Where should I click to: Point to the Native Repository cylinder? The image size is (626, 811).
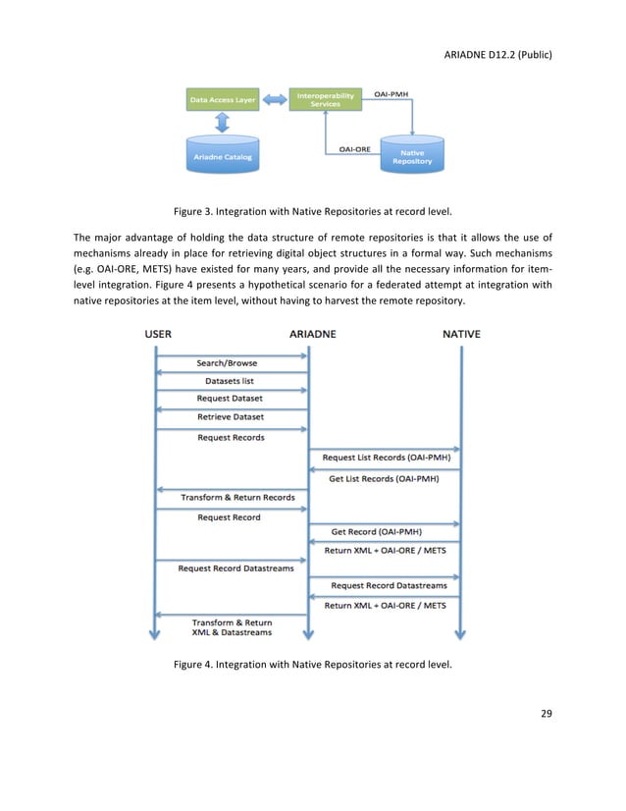click(412, 155)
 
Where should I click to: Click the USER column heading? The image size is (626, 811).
click(158, 334)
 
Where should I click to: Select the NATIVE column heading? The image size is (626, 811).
click(461, 334)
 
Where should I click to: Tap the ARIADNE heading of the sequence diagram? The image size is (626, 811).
click(313, 334)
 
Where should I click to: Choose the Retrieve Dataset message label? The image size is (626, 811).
click(231, 416)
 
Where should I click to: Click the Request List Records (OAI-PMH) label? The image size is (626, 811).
click(387, 458)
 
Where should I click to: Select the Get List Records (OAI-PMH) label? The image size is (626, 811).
click(384, 479)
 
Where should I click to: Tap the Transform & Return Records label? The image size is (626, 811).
click(237, 498)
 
